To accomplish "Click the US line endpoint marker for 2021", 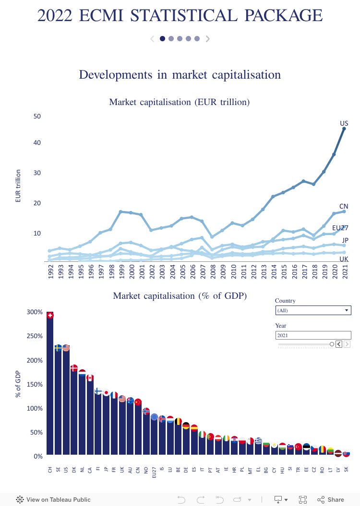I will click(x=344, y=129).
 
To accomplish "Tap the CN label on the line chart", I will click(x=344, y=207).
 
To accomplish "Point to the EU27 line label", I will click(x=340, y=228).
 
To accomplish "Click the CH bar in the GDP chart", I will click(x=50, y=384).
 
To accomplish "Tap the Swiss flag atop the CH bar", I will click(x=50, y=315).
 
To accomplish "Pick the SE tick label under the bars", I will click(x=58, y=471).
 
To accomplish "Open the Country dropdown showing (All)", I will click(x=313, y=310).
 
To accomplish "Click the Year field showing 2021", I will click(x=313, y=336).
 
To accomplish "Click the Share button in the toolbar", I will click(x=331, y=500).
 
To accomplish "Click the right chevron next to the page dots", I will click(x=208, y=39).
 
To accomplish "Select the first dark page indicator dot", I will click(x=162, y=39).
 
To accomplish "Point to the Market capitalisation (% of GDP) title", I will click(x=180, y=296).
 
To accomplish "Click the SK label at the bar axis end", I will click(x=346, y=471).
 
